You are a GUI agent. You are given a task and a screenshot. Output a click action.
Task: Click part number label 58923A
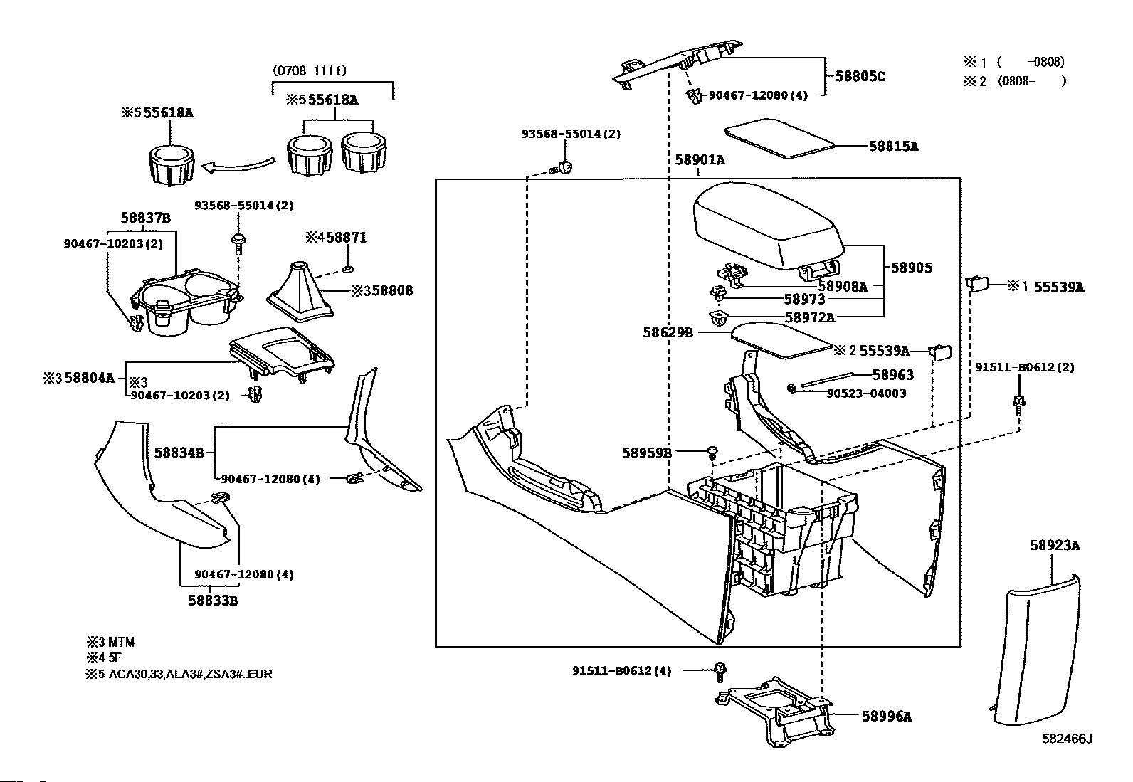(x=1055, y=546)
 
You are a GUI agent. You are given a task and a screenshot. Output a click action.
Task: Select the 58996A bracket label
(x=886, y=717)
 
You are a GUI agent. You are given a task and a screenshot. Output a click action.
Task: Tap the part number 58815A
(x=893, y=146)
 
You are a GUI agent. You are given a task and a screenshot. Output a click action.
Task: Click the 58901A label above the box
(x=700, y=160)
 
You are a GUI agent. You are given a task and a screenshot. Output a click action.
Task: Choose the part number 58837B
(x=145, y=218)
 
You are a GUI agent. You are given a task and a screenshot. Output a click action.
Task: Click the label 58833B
(x=212, y=601)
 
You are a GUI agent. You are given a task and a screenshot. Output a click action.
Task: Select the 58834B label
(x=179, y=452)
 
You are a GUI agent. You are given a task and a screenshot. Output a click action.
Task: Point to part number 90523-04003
(x=865, y=393)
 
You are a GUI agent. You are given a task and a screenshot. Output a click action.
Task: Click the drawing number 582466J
(x=1067, y=739)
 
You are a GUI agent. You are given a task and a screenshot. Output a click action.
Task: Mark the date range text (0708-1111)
(x=309, y=70)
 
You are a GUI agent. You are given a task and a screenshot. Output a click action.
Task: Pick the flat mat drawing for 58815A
(x=779, y=139)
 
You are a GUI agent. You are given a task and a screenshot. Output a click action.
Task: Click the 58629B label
(x=668, y=332)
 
